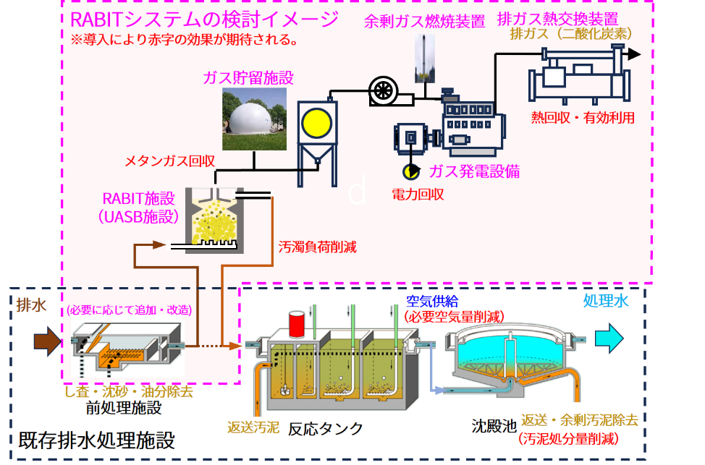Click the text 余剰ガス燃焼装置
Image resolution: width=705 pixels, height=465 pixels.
[x=423, y=22]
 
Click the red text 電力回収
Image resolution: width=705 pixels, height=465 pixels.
[x=418, y=195]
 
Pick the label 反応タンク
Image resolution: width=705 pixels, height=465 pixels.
[x=326, y=428]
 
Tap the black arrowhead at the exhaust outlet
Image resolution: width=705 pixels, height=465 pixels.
[x=634, y=54]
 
